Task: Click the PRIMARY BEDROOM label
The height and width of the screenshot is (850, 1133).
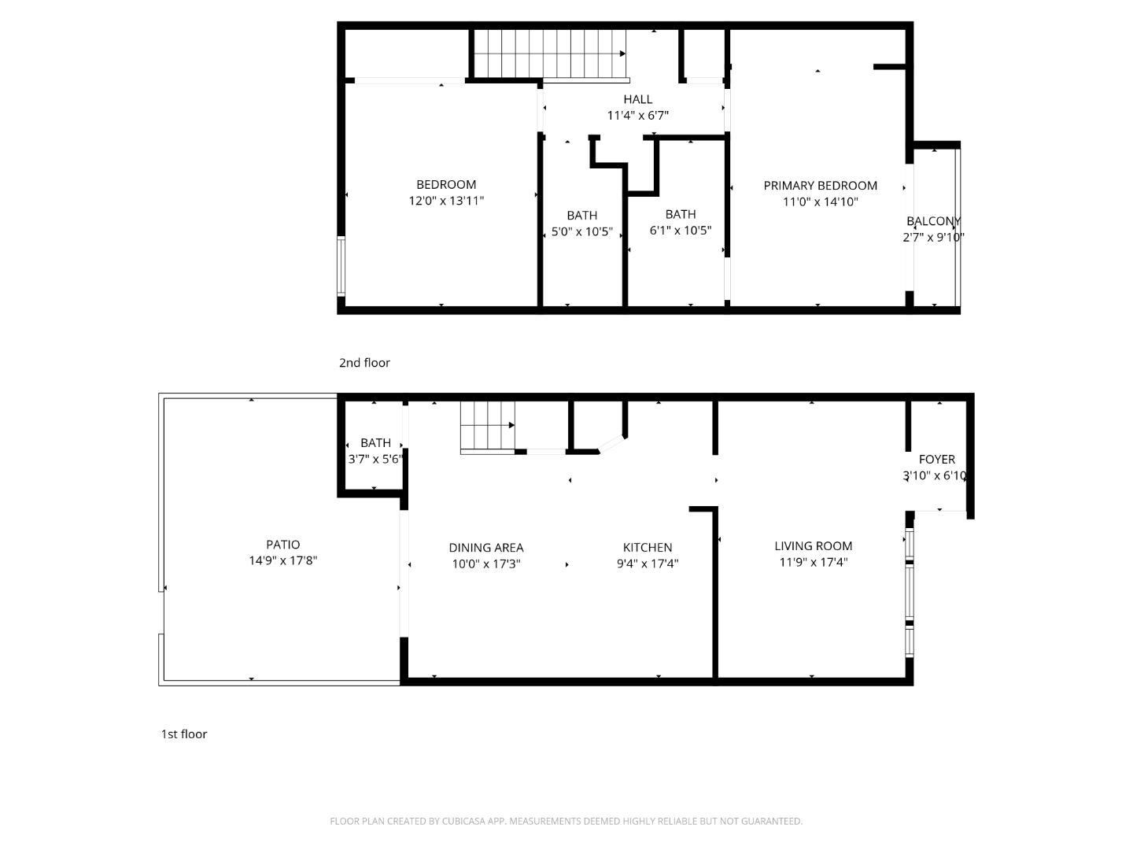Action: pos(820,186)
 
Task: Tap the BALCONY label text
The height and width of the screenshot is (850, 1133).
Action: pos(933,221)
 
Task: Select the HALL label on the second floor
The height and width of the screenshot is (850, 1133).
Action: pos(637,99)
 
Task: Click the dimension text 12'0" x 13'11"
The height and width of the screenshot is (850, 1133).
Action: pos(446,201)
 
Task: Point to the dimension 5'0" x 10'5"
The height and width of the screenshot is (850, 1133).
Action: pos(581,232)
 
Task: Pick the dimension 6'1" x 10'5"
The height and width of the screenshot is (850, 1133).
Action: pos(680,231)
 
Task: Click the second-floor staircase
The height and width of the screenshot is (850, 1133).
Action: pos(549,54)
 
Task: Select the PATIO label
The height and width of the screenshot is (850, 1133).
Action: pos(282,545)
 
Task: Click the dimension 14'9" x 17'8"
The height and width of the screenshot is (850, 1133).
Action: pos(282,561)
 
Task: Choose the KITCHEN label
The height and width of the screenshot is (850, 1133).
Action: pos(648,548)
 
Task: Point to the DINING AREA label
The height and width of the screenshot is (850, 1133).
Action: pos(485,548)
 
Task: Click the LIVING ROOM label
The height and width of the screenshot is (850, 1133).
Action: pos(813,546)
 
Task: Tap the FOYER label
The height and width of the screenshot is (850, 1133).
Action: pos(936,460)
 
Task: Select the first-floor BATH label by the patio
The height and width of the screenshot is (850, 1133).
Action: pos(375,443)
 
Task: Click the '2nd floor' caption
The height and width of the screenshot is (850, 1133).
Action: pos(364,363)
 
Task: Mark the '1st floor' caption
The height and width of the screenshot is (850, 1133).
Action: pos(184,734)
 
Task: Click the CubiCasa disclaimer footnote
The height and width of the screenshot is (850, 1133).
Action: pos(566,822)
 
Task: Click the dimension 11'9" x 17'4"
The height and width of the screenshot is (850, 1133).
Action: pos(813,563)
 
